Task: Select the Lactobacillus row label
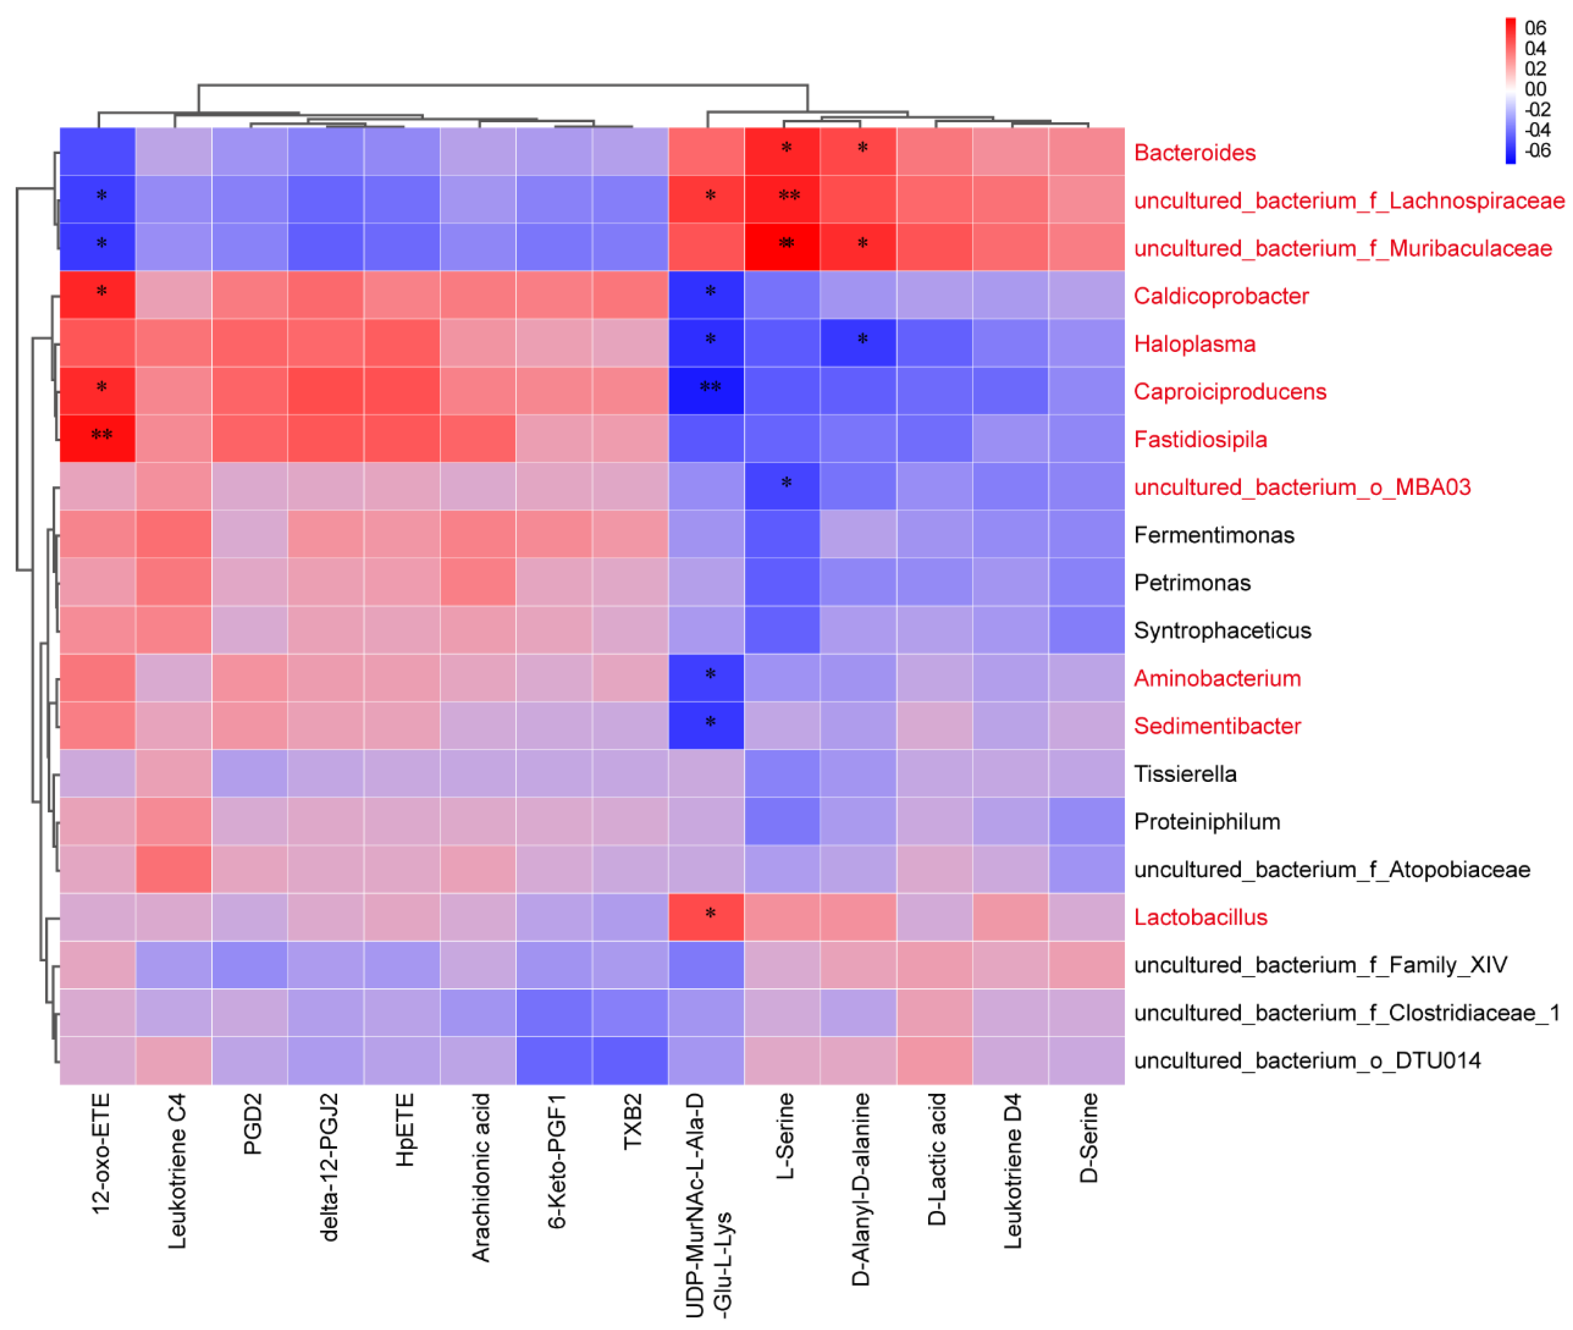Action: [1200, 917]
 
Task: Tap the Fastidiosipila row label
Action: [1200, 440]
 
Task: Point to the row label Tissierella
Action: [1185, 773]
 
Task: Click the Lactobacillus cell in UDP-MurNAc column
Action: [706, 917]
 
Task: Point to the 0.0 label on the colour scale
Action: [1534, 89]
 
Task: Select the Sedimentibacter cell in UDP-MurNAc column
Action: [706, 725]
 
